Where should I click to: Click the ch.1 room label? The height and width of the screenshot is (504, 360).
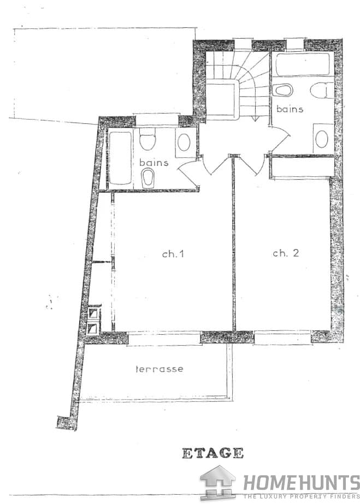173,254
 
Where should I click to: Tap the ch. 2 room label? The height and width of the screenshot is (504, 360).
286,253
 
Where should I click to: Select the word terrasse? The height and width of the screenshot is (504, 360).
160,369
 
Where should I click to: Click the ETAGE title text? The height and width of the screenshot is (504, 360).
213,453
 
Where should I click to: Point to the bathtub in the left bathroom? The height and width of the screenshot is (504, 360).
120,157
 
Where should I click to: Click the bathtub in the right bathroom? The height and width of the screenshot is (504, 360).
303,64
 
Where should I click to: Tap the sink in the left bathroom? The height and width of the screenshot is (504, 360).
184,143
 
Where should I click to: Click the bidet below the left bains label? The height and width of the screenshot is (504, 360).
148,177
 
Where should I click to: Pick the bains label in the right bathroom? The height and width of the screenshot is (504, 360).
290,109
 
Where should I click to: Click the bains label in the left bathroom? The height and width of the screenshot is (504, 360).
154,162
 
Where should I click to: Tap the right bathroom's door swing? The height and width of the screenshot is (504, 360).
279,138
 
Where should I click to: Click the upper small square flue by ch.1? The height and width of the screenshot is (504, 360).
95,313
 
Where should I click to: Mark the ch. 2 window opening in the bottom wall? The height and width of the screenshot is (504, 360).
282,337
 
